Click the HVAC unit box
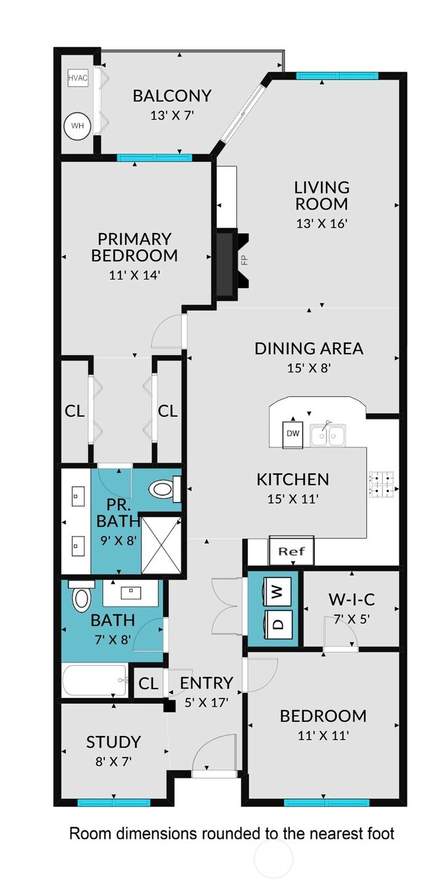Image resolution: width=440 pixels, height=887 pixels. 78,78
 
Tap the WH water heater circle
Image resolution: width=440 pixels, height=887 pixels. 77,126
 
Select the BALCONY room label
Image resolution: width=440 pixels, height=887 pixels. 172,96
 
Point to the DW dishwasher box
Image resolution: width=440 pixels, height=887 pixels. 293,434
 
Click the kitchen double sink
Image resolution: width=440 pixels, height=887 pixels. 328,436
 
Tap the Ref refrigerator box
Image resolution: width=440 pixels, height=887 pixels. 291,551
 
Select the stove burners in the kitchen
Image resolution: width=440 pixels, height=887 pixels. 382,484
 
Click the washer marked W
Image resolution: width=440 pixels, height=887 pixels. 278,592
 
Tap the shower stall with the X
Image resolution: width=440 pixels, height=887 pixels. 161,545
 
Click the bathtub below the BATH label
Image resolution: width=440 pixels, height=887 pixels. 95,681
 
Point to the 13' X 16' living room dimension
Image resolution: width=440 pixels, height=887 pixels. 322,224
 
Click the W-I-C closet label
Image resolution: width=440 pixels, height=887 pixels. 352,600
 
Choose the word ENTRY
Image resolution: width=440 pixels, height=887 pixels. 207,683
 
